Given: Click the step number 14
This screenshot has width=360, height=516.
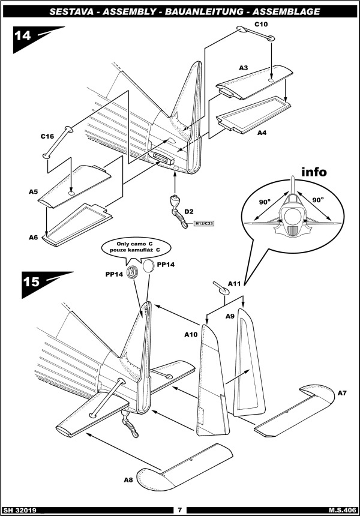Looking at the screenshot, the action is tap(22, 35).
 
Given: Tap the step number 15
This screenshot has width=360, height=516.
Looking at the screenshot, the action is tap(31, 281).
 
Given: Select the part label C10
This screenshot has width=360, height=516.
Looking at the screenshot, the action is tap(261, 24).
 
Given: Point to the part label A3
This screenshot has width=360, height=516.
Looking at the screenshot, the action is tap(243, 68).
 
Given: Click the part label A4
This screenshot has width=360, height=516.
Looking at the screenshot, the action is tap(262, 133).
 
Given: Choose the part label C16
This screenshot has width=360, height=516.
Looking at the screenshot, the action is tap(47, 136).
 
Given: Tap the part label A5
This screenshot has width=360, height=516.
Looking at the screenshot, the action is tap(33, 191).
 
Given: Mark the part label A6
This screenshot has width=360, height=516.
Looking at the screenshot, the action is tap(33, 237).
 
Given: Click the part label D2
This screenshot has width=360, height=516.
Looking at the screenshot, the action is tap(189, 211).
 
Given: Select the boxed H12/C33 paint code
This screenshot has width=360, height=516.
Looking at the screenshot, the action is tap(204, 223).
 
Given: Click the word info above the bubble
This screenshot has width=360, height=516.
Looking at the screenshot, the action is tap(314, 172).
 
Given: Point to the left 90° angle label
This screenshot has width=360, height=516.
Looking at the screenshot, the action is tap(264, 202).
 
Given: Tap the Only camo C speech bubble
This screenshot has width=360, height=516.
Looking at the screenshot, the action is tap(136, 247).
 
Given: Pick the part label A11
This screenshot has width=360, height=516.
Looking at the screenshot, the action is tap(234, 284).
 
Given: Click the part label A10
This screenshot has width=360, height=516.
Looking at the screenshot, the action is tap(191, 335).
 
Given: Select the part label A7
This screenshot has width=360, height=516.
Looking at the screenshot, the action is tap(342, 393).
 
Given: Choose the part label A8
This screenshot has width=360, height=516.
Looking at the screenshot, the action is tap(128, 480).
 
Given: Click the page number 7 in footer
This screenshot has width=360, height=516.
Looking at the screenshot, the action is tap(179, 511).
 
